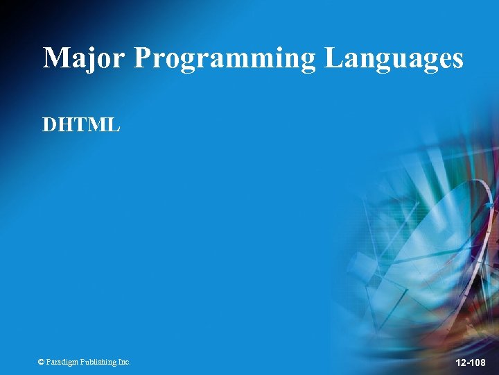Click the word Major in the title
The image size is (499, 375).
pos(84,58)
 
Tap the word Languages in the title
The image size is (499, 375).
pos(393,59)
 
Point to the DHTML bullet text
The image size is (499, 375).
pos(81,125)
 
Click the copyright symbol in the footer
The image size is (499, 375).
pos(41,362)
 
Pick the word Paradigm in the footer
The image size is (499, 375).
pos(62,362)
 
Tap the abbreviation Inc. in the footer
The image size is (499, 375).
pos(123,362)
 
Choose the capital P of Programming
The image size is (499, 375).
pos(142,58)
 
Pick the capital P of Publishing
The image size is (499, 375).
pos(83,362)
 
